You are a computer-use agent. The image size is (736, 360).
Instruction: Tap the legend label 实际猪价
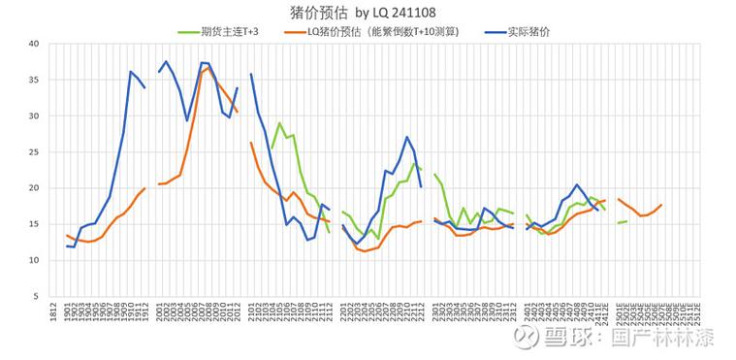point(528,31)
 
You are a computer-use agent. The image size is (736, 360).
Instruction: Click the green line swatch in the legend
point(187,31)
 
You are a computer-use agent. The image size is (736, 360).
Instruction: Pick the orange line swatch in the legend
point(293,31)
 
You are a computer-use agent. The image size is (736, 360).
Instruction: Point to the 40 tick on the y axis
point(34,44)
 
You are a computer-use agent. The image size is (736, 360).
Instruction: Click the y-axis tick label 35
point(34,80)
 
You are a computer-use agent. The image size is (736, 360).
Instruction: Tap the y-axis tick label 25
point(34,152)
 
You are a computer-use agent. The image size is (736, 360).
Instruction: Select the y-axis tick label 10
point(34,260)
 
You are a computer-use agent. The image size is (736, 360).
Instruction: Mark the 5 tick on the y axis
point(36,296)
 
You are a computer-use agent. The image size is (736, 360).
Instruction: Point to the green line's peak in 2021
point(279,123)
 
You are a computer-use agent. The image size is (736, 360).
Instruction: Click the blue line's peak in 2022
point(407,138)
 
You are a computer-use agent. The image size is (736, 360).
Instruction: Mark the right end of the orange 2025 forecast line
point(661,205)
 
